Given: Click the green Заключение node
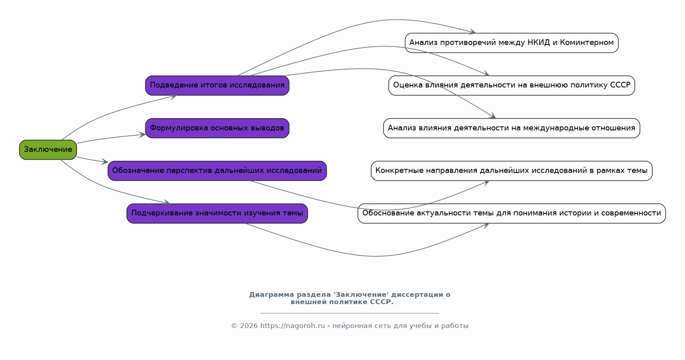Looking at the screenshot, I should pyautogui.click(x=48, y=149).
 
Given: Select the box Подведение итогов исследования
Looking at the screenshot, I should pyautogui.click(x=217, y=85).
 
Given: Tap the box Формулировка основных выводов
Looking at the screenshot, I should pyautogui.click(x=217, y=128).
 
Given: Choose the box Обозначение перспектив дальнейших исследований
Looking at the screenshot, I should pyautogui.click(x=217, y=170).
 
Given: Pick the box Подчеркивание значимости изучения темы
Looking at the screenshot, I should pyautogui.click(x=217, y=213).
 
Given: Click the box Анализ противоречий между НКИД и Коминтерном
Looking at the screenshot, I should pyautogui.click(x=511, y=43).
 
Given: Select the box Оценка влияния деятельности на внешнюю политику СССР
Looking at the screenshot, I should pyautogui.click(x=511, y=85).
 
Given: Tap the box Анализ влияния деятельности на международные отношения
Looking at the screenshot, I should pyautogui.click(x=511, y=128).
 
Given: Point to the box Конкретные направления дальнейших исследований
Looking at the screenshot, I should pyautogui.click(x=511, y=170).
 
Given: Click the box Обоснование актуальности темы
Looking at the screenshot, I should pyautogui.click(x=511, y=213).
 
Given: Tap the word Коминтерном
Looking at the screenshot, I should pyautogui.click(x=587, y=43).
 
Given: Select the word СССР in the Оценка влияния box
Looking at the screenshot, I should pyautogui.click(x=620, y=85).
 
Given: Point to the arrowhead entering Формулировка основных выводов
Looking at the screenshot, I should pyautogui.click(x=143, y=135).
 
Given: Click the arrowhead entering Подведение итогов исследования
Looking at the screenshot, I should pyautogui.click(x=173, y=96).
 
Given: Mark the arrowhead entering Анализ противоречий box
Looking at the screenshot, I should pyautogui.click(x=472, y=32).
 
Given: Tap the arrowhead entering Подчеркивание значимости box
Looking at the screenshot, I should pyautogui.click(x=167, y=202).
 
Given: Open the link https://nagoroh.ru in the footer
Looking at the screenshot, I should pyautogui.click(x=292, y=326).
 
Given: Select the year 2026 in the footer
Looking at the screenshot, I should pyautogui.click(x=249, y=326).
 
